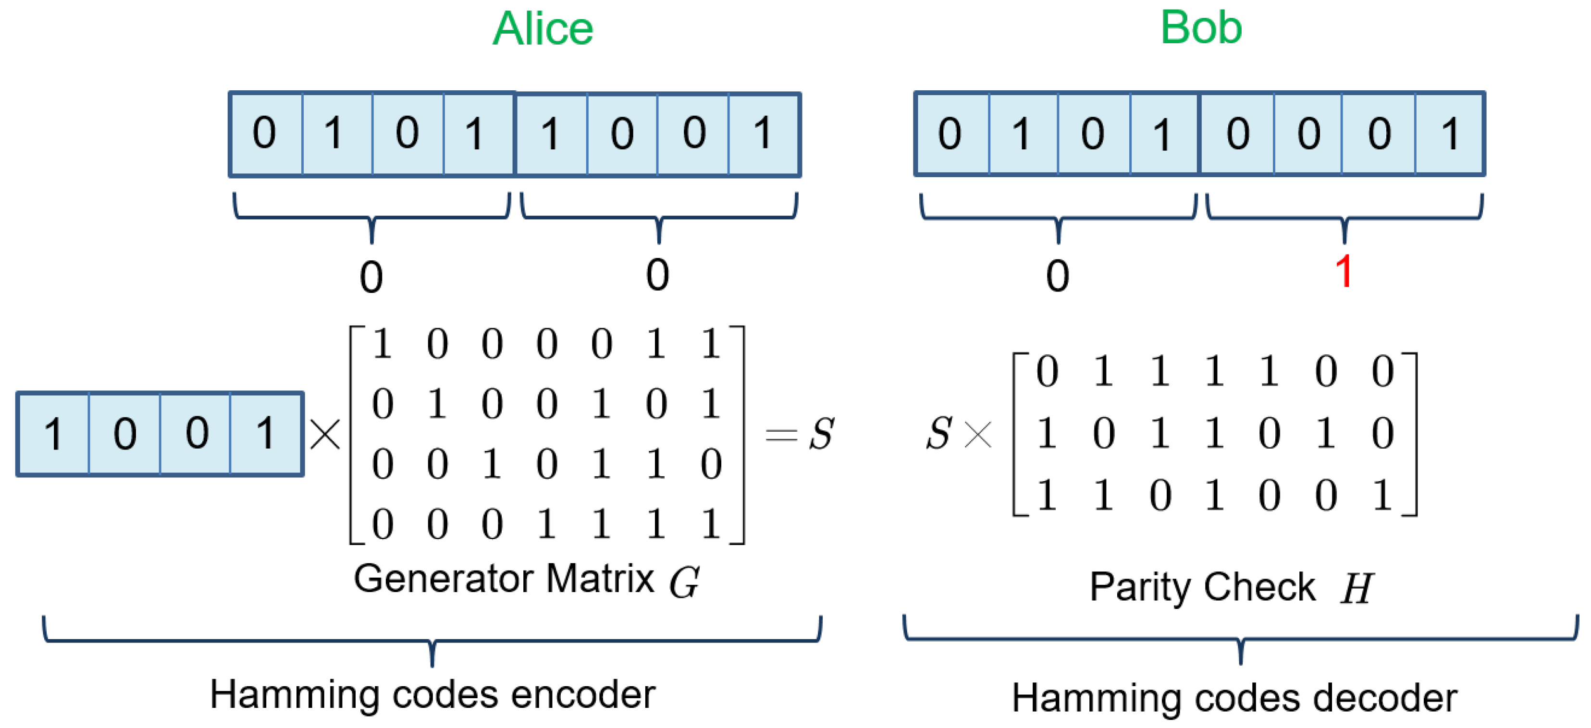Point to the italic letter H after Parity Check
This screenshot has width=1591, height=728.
1357,588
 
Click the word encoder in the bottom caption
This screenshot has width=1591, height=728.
582,695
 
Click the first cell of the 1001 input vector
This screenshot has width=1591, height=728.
53,434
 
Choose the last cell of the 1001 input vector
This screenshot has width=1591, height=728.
266,434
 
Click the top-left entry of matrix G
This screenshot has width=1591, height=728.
382,343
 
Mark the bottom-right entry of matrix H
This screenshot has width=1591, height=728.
1382,495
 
